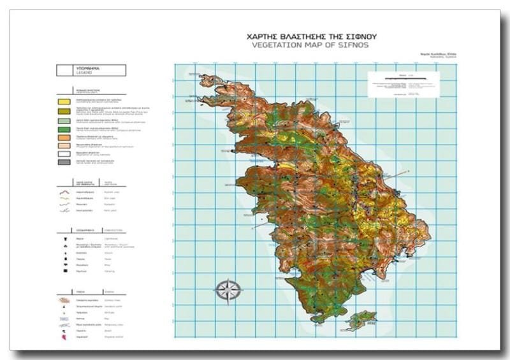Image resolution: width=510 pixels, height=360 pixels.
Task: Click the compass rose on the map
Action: [228, 290]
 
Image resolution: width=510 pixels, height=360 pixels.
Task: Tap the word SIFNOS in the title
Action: [352, 45]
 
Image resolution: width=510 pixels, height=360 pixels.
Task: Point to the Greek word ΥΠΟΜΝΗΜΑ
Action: [88, 68]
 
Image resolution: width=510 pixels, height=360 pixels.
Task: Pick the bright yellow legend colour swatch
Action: [63, 101]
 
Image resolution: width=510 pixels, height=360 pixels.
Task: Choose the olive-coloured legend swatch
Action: [63, 111]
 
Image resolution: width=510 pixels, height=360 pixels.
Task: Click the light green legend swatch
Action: [63, 120]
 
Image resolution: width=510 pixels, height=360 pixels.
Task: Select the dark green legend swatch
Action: [63, 129]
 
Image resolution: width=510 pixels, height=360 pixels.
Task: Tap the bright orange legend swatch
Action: [63, 137]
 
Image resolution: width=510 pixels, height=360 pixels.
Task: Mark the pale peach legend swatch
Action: [63, 145]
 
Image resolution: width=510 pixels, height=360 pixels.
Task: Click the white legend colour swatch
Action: [63, 154]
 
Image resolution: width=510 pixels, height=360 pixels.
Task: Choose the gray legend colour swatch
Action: [63, 162]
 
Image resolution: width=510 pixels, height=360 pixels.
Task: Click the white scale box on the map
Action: [404, 84]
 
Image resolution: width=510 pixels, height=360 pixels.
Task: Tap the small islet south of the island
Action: [360, 319]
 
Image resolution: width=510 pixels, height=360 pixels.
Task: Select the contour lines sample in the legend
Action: [63, 299]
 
